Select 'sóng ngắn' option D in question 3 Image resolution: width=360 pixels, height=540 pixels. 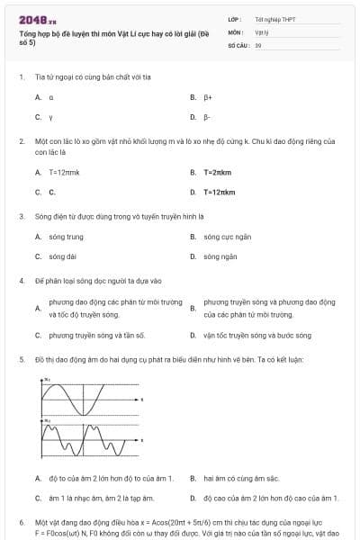(x=220, y=256)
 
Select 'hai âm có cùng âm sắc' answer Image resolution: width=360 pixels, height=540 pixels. (x=241, y=478)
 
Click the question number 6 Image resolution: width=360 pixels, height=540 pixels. (x=21, y=522)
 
